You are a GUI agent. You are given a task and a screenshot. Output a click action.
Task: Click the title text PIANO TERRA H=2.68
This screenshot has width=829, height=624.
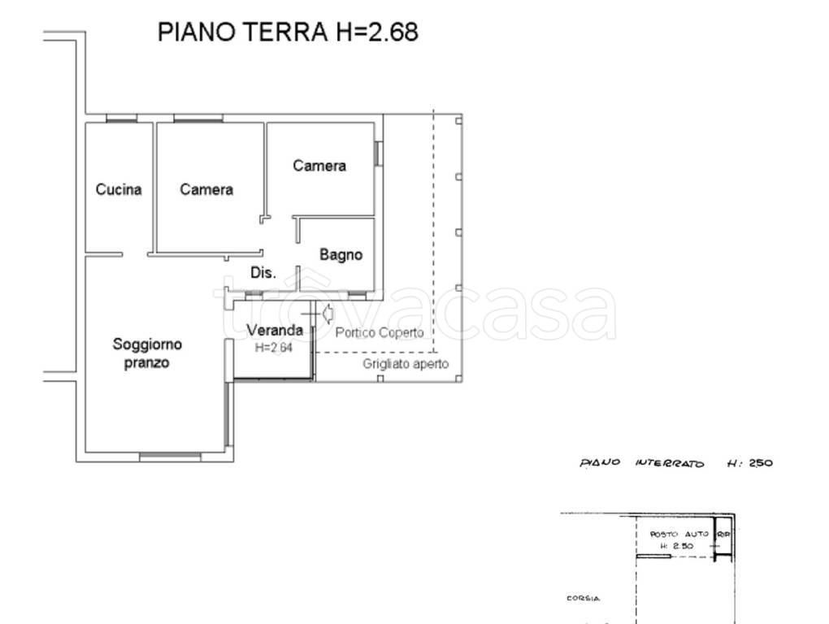pyautogui.click(x=287, y=32)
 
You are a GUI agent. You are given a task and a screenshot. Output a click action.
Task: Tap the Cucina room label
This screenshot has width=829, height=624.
pyautogui.click(x=119, y=189)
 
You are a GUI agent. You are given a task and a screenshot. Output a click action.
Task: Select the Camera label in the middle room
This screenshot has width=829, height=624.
pyautogui.click(x=206, y=189)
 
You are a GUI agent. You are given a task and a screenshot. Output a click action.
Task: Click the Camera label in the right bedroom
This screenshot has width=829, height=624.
pyautogui.click(x=319, y=166)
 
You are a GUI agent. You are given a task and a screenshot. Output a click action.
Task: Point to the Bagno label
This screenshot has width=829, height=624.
pyautogui.click(x=341, y=255)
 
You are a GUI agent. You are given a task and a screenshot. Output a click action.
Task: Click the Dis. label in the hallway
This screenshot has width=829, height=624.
pyautogui.click(x=263, y=274)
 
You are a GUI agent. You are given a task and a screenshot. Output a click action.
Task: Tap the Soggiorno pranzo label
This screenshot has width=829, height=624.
pyautogui.click(x=147, y=353)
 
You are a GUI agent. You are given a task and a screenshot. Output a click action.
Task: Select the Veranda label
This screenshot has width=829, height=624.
pyautogui.click(x=275, y=330)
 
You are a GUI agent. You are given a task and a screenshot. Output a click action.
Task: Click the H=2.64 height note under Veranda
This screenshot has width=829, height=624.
pyautogui.click(x=273, y=347)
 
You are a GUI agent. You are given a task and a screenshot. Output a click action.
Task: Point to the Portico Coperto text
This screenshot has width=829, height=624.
pyautogui.click(x=380, y=333)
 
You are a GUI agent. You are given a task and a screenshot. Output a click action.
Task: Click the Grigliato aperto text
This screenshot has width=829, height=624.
pyautogui.click(x=406, y=365)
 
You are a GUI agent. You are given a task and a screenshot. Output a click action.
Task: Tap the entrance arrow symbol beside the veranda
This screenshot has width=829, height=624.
pyautogui.click(x=328, y=312)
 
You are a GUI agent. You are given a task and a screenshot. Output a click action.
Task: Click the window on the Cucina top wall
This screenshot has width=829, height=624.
pyautogui.click(x=121, y=119)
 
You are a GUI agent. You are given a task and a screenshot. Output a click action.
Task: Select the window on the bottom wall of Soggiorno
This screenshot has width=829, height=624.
pyautogui.click(x=170, y=457)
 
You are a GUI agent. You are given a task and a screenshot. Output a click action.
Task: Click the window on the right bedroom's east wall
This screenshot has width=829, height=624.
pyautogui.click(x=378, y=154)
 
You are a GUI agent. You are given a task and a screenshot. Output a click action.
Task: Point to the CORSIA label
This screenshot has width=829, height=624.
pyautogui.click(x=583, y=599)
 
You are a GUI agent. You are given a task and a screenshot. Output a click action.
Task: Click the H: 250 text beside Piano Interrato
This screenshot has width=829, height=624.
pyautogui.click(x=749, y=463)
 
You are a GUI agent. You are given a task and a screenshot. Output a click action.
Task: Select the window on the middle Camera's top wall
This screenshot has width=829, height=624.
pyautogui.click(x=197, y=119)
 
